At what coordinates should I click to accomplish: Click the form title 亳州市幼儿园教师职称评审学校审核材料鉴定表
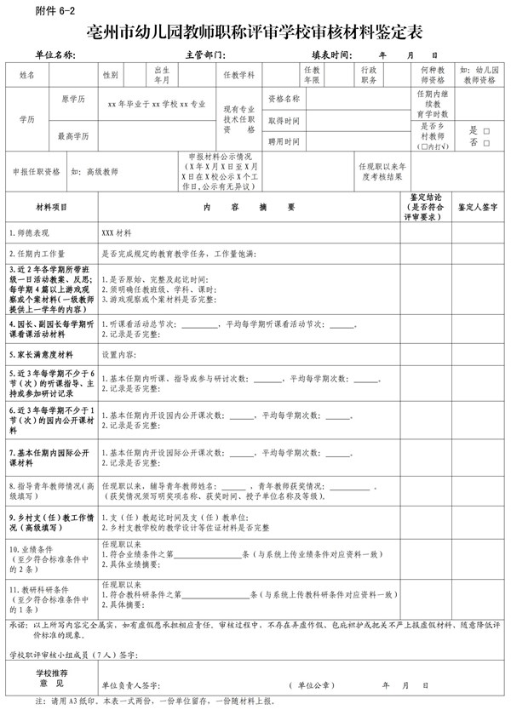(x=255, y=33)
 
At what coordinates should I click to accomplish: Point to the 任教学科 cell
(x=238, y=75)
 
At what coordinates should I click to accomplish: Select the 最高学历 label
(x=72, y=136)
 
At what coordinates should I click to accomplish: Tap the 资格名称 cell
(x=284, y=99)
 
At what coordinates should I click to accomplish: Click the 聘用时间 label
(x=284, y=141)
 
